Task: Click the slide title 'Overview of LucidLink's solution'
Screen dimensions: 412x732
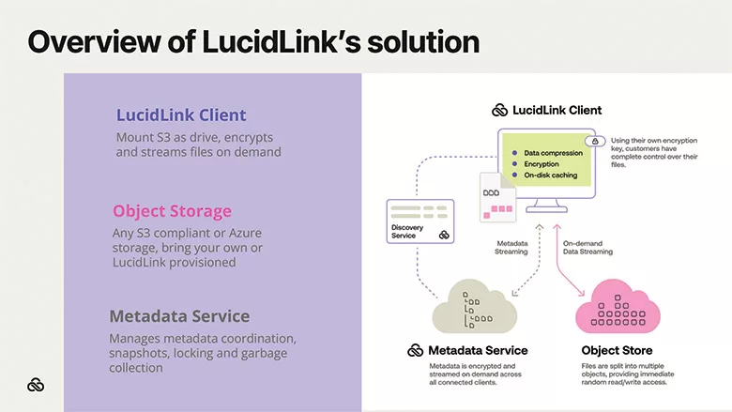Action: (252, 41)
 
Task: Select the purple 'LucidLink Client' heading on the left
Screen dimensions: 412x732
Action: (181, 115)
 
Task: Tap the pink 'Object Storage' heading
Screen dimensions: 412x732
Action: (172, 211)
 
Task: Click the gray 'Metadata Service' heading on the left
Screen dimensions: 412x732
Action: (179, 315)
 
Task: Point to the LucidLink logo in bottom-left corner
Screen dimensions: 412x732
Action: (36, 385)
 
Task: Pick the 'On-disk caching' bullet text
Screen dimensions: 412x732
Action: (552, 174)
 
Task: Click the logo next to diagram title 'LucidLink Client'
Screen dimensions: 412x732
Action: (500, 110)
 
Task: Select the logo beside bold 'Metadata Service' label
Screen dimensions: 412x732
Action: (416, 350)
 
